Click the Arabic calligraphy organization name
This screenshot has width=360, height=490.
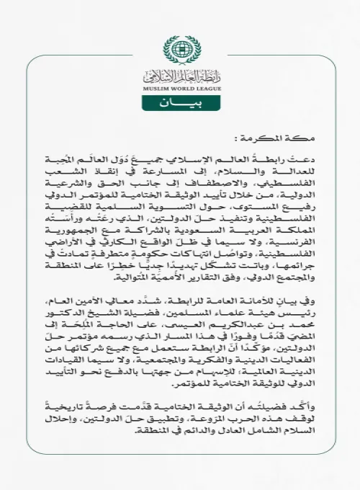[x=179, y=73]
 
